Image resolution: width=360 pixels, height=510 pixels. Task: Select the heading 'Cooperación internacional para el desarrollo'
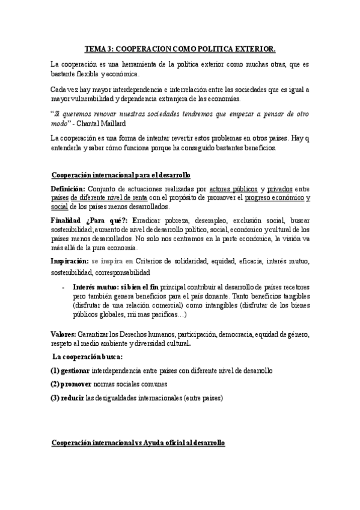[x=120, y=175]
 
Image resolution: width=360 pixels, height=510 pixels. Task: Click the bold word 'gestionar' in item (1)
[x=78, y=371]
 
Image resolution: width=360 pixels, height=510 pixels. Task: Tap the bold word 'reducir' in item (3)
[x=75, y=398]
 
